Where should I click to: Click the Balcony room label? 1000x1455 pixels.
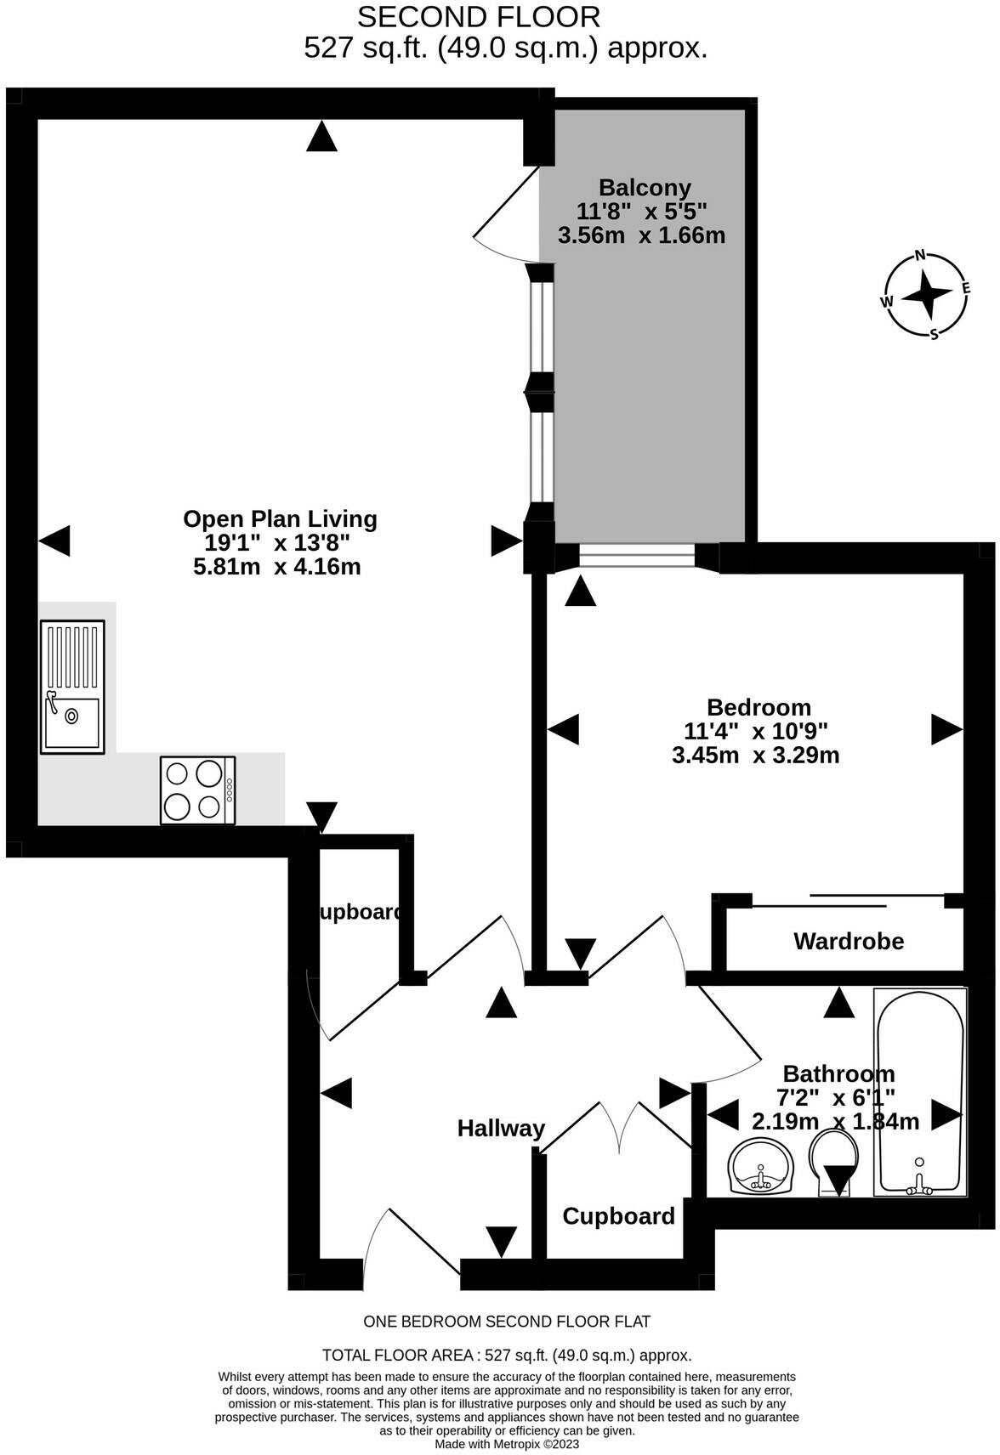pos(644,188)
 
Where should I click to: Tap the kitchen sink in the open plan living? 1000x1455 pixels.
pos(72,688)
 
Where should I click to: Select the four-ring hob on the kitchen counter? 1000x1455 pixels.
pos(198,790)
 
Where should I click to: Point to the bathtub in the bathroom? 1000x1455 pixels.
pos(920,1092)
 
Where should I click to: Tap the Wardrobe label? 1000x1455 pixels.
pos(849,941)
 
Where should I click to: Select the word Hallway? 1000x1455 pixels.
pos(501,1129)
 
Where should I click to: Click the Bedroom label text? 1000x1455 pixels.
pos(759,707)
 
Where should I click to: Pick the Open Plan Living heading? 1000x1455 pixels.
pos(280,519)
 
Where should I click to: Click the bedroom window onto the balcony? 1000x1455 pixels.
pos(637,557)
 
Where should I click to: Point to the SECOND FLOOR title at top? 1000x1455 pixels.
pos(479,18)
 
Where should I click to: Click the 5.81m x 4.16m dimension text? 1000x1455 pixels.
pos(277,566)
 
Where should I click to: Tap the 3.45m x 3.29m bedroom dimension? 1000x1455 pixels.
pos(756,756)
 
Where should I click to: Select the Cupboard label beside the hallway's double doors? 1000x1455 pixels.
pos(618,1216)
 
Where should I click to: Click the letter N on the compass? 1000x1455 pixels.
pos(920,255)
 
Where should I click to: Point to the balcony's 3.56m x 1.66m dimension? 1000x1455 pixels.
pos(641,235)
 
